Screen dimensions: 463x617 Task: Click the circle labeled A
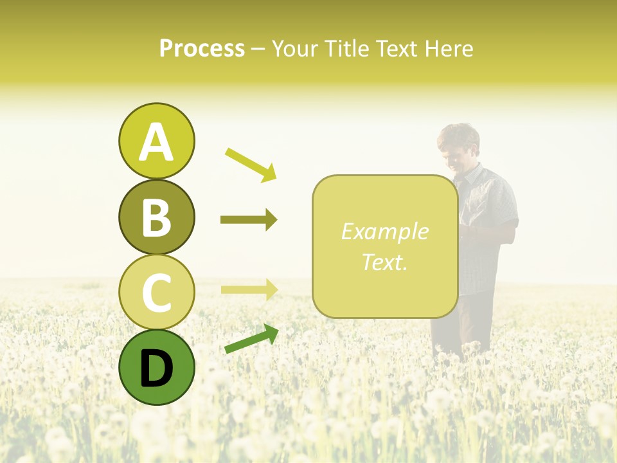pyautogui.click(x=156, y=141)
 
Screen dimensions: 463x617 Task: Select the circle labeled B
pyautogui.click(x=156, y=217)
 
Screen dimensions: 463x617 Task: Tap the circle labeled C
pyautogui.click(x=156, y=292)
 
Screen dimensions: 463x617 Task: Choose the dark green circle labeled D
pyautogui.click(x=156, y=367)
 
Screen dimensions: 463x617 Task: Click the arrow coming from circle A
pyautogui.click(x=250, y=163)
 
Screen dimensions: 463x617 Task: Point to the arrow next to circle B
pyautogui.click(x=249, y=220)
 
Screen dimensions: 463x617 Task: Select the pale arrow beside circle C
pyautogui.click(x=249, y=289)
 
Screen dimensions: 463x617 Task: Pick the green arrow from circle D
pyautogui.click(x=251, y=339)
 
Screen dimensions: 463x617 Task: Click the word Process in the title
pyautogui.click(x=202, y=48)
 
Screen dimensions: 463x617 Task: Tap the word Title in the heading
pyautogui.click(x=344, y=48)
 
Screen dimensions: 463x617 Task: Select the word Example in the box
pyautogui.click(x=384, y=232)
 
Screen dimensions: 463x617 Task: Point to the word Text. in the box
pyautogui.click(x=384, y=262)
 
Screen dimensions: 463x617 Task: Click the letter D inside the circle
pyautogui.click(x=156, y=368)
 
